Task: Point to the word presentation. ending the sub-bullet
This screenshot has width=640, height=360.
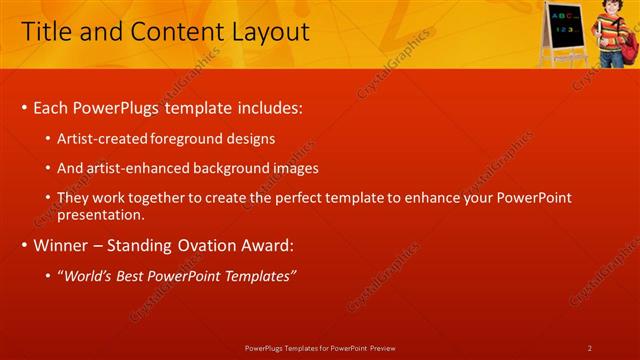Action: [x=103, y=214]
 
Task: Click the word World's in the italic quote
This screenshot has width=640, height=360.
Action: [x=89, y=275]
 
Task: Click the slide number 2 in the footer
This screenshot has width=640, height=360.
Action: [x=589, y=348]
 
